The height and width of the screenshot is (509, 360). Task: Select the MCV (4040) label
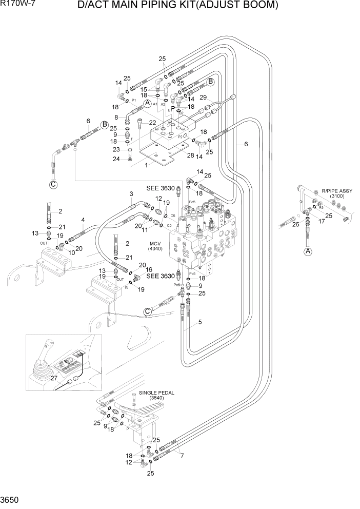coord(156,246)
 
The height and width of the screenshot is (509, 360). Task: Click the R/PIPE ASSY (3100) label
coord(323,192)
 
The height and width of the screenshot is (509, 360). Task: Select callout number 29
coord(203,97)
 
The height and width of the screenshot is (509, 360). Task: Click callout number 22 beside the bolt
coord(152,122)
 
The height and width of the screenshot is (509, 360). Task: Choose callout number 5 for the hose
coord(199,323)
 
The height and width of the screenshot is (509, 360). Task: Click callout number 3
coord(131,193)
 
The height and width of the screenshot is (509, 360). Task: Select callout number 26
coord(295,224)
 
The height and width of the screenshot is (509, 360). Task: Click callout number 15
coord(144,89)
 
